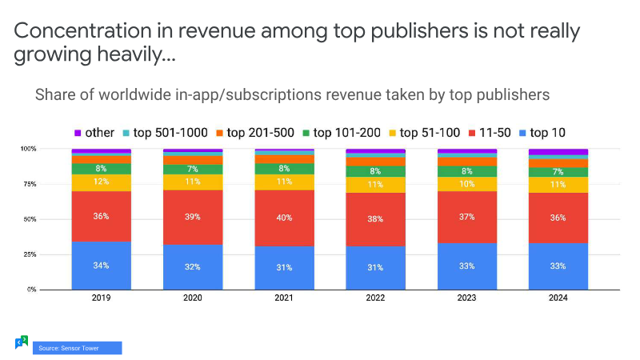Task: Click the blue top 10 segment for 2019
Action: (101, 265)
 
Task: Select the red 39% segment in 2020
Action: (193, 217)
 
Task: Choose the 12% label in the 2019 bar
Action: (101, 182)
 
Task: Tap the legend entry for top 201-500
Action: (254, 132)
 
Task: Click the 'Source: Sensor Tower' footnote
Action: (76, 348)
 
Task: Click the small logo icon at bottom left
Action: (22, 342)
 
